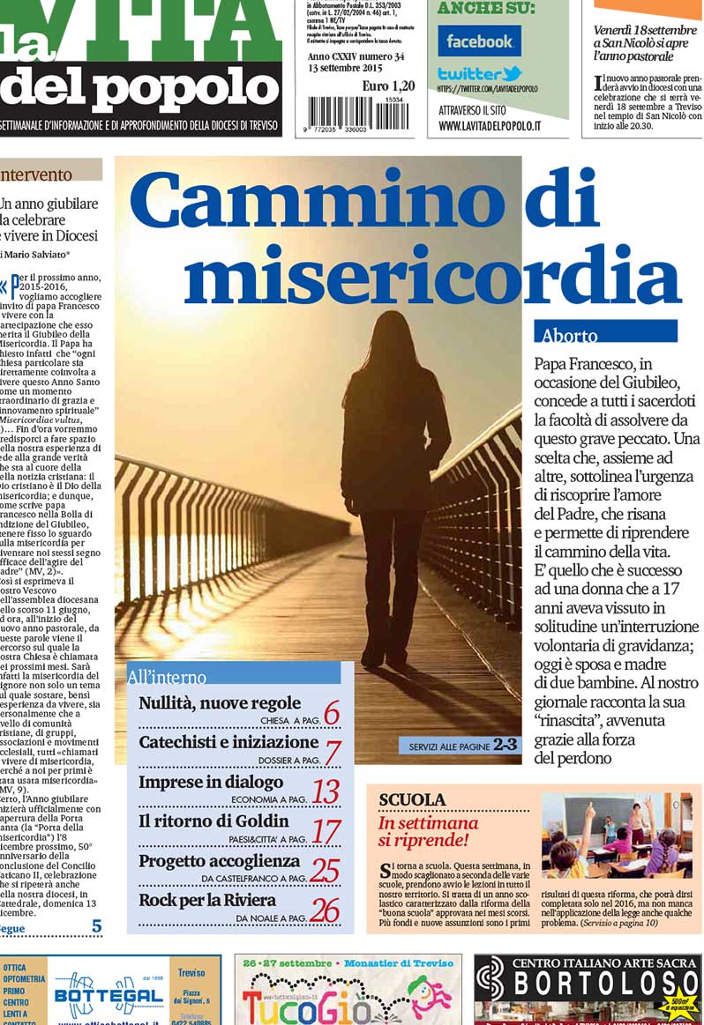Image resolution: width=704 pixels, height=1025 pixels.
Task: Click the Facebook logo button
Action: click(x=479, y=41)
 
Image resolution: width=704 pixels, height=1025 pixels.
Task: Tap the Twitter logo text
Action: click(x=479, y=74)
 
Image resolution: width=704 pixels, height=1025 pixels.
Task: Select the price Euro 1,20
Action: click(x=387, y=85)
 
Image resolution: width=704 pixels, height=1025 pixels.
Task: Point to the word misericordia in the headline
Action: click(x=432, y=273)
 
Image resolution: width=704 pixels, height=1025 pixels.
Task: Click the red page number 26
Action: click(x=325, y=910)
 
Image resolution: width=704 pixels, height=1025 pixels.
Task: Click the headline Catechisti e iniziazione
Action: click(x=228, y=742)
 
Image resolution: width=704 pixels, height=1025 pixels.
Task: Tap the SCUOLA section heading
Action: click(x=412, y=799)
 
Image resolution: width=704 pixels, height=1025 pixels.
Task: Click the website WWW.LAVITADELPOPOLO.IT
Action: click(x=490, y=126)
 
